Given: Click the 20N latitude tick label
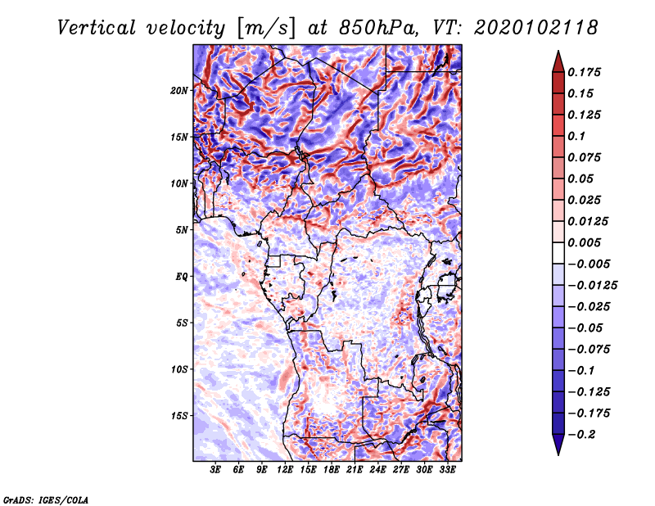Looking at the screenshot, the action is pyautogui.click(x=179, y=91).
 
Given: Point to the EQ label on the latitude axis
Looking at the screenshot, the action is pyautogui.click(x=181, y=277).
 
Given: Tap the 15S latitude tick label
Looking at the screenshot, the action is pyautogui.click(x=179, y=416).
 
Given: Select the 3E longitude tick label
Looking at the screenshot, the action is pyautogui.click(x=215, y=470).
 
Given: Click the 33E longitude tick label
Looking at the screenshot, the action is pyautogui.click(x=447, y=470).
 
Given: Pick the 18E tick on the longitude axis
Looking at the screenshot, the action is pyautogui.click(x=332, y=470).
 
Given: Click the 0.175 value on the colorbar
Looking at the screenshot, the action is pyautogui.click(x=584, y=72).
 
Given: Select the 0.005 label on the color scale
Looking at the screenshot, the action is pyautogui.click(x=584, y=242).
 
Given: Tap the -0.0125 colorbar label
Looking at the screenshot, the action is pyautogui.click(x=592, y=286).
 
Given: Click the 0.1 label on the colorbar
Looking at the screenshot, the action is pyautogui.click(x=576, y=136).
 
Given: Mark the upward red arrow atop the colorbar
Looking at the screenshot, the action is pyautogui.click(x=558, y=61).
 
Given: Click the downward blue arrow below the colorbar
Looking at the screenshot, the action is pyautogui.click(x=558, y=445).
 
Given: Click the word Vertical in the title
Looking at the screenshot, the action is pyautogui.click(x=97, y=28).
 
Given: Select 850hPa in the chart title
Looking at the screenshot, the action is pyautogui.click(x=379, y=28).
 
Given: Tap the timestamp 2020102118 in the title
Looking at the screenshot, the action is pyautogui.click(x=536, y=28).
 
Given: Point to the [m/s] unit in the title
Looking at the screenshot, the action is pyautogui.click(x=267, y=28).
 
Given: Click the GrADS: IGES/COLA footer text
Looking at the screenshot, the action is pyautogui.click(x=46, y=499).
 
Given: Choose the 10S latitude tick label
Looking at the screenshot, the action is pyautogui.click(x=179, y=369).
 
